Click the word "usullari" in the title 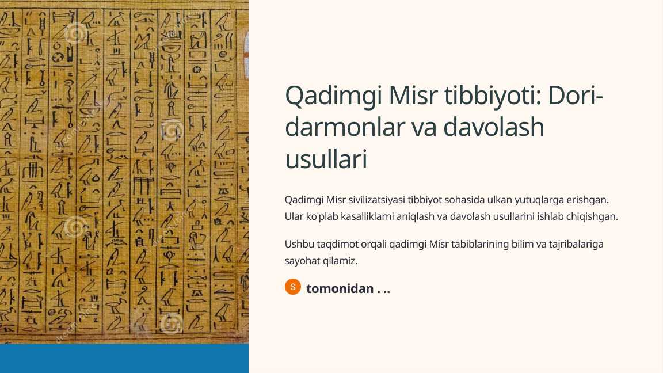pyautogui.click(x=326, y=159)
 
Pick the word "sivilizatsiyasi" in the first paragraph pyautogui.click(x=376, y=200)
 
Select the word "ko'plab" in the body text pyautogui.click(x=319, y=216)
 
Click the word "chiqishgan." pyautogui.click(x=593, y=216)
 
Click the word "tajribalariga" pyautogui.click(x=577, y=244)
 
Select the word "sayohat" pyautogui.click(x=302, y=260)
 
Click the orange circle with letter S pyautogui.click(x=293, y=287)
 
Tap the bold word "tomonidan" pyautogui.click(x=340, y=289)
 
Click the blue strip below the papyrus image pyautogui.click(x=124, y=358)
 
